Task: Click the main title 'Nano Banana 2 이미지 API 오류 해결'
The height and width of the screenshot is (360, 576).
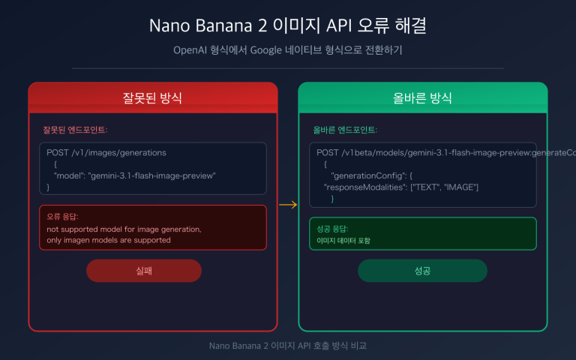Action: [288, 25]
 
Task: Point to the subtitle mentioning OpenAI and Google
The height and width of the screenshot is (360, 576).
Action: [288, 50]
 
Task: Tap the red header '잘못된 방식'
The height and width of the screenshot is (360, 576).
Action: [153, 97]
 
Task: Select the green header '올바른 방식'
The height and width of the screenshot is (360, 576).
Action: [422, 97]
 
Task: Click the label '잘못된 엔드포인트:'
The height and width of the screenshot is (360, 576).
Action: [75, 130]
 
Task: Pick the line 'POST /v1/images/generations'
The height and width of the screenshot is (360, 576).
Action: [106, 152]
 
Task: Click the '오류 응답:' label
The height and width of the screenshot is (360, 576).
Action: [62, 217]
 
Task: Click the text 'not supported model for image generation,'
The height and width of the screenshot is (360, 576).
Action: [124, 229]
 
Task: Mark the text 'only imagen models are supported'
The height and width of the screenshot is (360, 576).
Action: [109, 240]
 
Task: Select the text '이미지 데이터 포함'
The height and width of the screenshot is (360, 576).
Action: [343, 241]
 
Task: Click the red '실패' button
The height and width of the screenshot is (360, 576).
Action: [144, 271]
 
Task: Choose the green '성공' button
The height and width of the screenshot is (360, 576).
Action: [422, 271]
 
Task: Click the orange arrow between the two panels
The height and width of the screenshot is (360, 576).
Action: [288, 204]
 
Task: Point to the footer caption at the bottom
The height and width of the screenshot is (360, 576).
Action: [288, 346]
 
